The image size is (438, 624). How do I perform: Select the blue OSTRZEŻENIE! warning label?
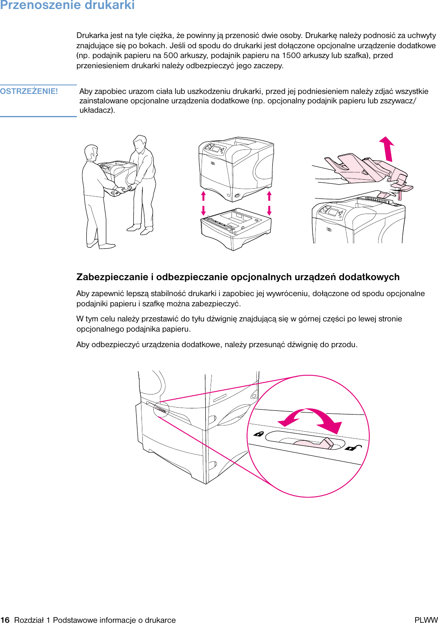(x=29, y=91)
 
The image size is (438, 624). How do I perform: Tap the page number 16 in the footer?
(x=5, y=620)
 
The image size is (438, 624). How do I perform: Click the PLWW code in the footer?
(x=426, y=620)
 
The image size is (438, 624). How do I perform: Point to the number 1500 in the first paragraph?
(x=291, y=56)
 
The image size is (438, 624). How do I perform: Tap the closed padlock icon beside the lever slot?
(x=258, y=434)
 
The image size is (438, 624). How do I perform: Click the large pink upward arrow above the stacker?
(x=387, y=149)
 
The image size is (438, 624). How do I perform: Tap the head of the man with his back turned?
(x=91, y=152)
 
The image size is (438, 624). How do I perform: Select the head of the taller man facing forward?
(x=140, y=143)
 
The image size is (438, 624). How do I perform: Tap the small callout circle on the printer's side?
(x=161, y=409)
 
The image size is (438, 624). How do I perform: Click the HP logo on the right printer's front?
(x=329, y=230)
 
